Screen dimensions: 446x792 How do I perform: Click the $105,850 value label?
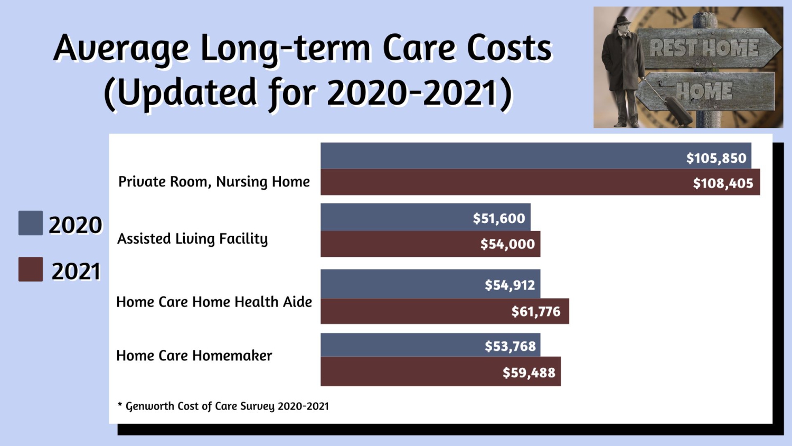[716, 158]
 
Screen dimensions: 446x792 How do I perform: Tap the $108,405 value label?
[723, 183]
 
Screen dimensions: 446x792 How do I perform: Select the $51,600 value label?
[499, 218]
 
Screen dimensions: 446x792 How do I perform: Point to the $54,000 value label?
[507, 244]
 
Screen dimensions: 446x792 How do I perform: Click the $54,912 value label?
[510, 285]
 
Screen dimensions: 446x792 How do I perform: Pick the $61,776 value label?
[535, 312]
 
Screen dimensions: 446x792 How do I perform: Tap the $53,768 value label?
[510, 346]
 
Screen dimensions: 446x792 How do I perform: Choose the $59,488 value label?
[529, 373]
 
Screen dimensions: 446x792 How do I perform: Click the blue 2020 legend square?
[31, 223]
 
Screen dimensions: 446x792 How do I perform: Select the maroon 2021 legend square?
[31, 270]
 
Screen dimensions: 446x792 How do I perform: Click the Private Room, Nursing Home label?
[214, 182]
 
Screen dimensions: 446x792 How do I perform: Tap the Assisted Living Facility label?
[192, 239]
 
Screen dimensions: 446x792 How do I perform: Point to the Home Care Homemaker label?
[194, 356]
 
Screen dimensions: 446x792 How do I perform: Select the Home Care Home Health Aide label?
[214, 302]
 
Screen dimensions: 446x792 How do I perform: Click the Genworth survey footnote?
[223, 406]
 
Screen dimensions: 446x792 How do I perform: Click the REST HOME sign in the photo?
[705, 48]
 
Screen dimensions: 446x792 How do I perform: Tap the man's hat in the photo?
[623, 22]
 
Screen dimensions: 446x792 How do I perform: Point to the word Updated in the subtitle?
[187, 93]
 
